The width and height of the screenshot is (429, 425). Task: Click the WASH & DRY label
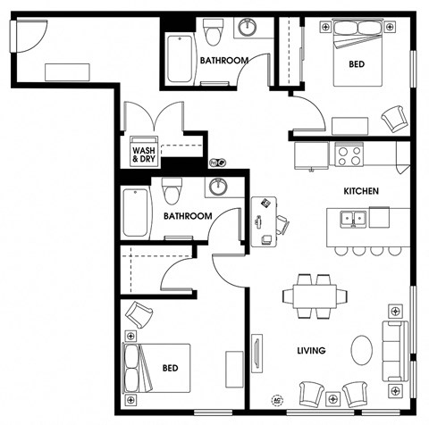click(x=144, y=154)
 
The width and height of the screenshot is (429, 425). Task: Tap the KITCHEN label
click(x=361, y=191)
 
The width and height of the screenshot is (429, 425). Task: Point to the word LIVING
click(x=311, y=350)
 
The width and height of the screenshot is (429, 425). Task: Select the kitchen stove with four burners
click(x=349, y=154)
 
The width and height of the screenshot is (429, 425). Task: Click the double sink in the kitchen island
click(x=354, y=219)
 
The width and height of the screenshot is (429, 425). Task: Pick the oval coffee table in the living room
click(x=362, y=350)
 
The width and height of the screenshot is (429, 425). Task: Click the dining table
click(x=315, y=296)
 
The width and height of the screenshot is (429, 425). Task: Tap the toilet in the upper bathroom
click(x=213, y=32)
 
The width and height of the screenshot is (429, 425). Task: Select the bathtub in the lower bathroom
click(x=136, y=213)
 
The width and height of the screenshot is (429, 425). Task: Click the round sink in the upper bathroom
click(x=248, y=27)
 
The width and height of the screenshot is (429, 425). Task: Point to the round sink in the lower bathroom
click(x=218, y=187)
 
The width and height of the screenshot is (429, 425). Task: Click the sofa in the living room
click(x=395, y=351)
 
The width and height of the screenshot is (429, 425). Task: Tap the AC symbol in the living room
click(x=277, y=400)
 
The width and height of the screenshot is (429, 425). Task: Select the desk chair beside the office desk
click(x=282, y=225)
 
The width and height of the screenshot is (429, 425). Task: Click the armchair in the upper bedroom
click(x=394, y=119)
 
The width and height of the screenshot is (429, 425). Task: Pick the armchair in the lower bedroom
click(x=139, y=314)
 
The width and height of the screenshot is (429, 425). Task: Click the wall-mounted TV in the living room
click(x=257, y=354)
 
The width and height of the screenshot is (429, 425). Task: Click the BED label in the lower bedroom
click(x=171, y=368)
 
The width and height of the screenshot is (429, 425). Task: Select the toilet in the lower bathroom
click(x=172, y=191)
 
